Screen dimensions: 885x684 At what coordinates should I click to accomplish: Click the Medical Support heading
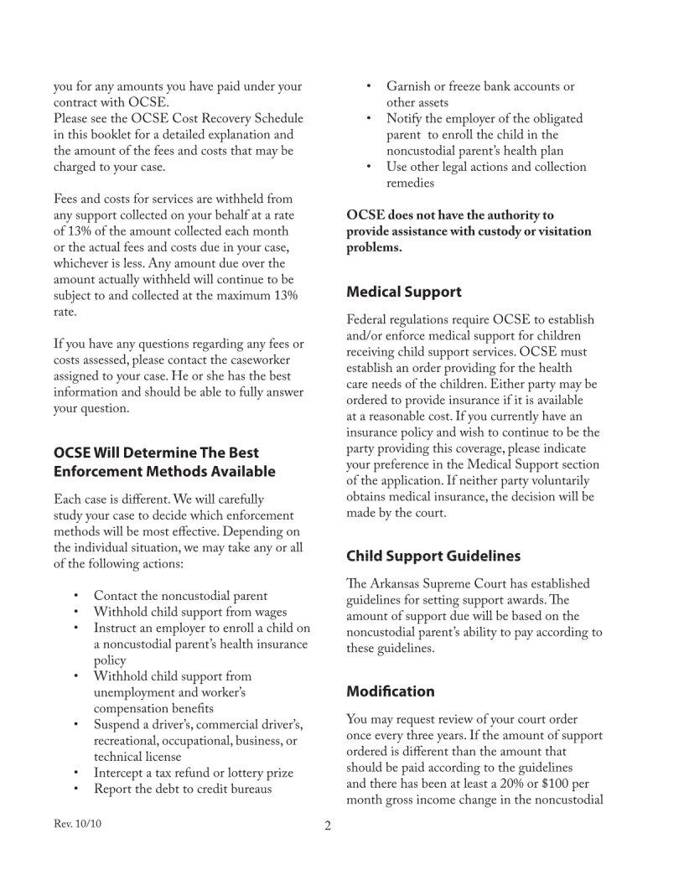click(x=404, y=292)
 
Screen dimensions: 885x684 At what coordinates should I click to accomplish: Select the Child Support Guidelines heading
click(x=433, y=556)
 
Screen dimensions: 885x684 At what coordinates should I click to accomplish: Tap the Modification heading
click(x=391, y=691)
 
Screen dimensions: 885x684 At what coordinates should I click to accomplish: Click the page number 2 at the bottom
click(x=328, y=826)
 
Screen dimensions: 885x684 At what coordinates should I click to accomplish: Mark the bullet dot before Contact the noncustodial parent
click(x=76, y=596)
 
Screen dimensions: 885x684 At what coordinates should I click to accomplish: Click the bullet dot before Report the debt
click(x=76, y=789)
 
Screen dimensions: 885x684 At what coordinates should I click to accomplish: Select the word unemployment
click(x=136, y=692)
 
